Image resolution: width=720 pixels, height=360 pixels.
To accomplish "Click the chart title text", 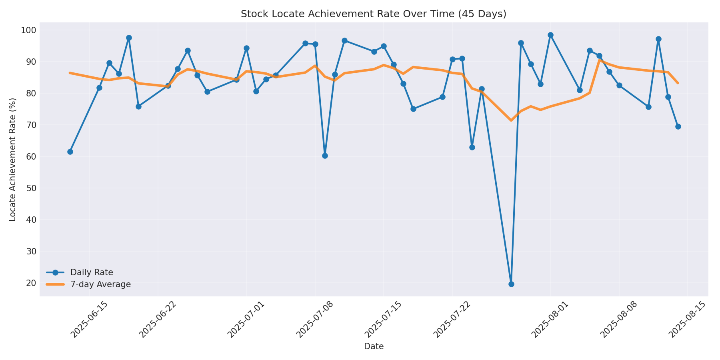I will click(373, 14).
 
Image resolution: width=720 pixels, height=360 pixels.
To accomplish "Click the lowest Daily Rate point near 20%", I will click(511, 284).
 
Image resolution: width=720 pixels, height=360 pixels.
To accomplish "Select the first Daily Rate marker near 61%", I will click(70, 152).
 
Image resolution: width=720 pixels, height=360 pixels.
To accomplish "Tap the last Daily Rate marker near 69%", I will click(678, 126).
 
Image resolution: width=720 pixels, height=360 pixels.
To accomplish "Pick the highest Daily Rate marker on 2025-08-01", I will click(550, 35).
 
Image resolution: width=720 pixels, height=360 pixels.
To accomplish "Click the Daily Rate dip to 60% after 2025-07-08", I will click(325, 156).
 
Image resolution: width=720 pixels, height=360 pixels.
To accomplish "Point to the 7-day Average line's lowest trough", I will click(511, 120).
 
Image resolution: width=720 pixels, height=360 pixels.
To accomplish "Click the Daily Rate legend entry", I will click(92, 272).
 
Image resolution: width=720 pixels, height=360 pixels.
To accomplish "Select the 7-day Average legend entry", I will click(100, 284).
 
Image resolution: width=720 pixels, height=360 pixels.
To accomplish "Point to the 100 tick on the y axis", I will click(32, 30).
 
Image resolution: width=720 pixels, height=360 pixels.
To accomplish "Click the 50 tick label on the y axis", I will click(32, 188).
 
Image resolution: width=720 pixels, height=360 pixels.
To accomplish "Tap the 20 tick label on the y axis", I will click(32, 283).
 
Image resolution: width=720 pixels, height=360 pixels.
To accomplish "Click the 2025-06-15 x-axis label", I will click(90, 320).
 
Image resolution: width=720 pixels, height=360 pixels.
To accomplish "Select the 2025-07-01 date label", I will click(246, 320).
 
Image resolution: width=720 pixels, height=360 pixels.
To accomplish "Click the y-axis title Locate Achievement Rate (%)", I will click(13, 159).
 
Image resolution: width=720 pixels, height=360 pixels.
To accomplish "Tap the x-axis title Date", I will click(374, 346).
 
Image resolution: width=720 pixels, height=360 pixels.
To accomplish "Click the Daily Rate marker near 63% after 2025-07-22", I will click(472, 147).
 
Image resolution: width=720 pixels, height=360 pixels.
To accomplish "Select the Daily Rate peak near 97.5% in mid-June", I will click(129, 38).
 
